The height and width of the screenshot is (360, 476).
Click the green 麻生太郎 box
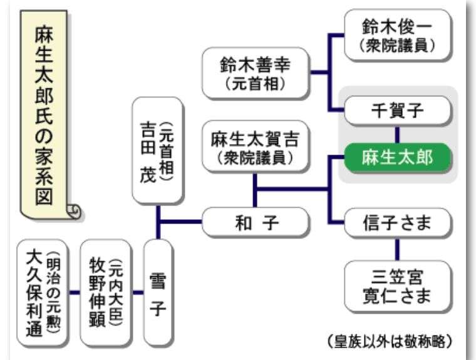click(x=397, y=158)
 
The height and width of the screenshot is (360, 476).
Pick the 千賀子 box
click(x=397, y=111)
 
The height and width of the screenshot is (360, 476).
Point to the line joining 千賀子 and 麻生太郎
click(x=397, y=135)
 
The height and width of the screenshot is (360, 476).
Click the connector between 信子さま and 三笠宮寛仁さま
click(x=397, y=249)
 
